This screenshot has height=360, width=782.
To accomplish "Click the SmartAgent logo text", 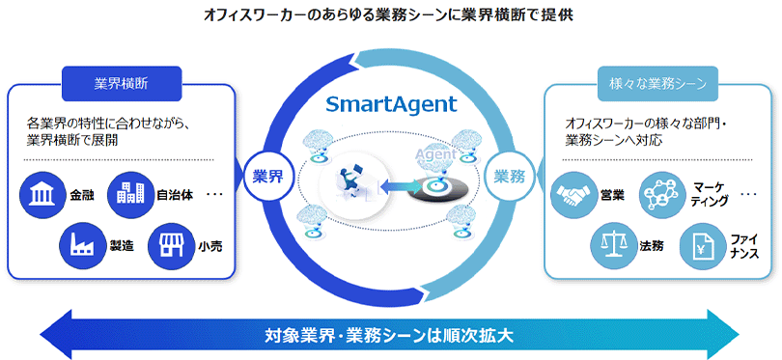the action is [392, 104].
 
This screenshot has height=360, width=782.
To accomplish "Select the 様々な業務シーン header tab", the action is [657, 84].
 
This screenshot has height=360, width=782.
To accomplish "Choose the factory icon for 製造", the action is [81, 245].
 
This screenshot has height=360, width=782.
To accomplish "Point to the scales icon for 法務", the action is [613, 245].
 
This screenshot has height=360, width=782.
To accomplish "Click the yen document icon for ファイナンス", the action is [701, 245].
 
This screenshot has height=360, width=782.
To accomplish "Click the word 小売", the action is [209, 245].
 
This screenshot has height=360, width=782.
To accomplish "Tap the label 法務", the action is [652, 245].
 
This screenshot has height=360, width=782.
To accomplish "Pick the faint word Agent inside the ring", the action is [435, 154].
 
